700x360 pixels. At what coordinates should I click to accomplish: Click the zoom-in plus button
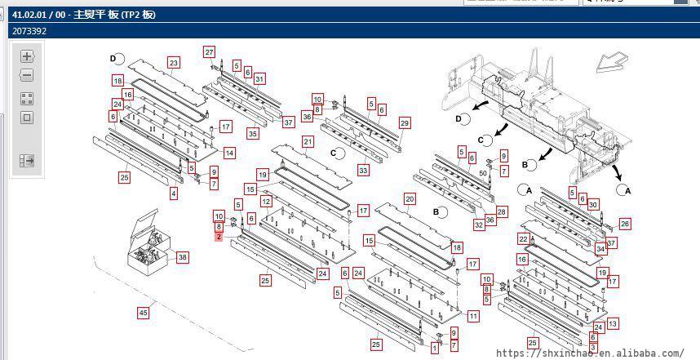click(x=27, y=56)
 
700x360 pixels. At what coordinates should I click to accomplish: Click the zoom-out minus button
click(x=27, y=76)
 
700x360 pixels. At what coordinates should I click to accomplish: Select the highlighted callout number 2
click(x=219, y=237)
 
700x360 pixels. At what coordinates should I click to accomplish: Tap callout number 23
click(x=173, y=63)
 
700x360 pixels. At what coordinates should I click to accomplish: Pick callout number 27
click(x=210, y=52)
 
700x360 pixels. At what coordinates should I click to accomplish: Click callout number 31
click(x=259, y=78)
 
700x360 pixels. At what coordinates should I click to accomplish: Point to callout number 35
click(x=253, y=133)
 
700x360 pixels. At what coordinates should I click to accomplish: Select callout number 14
click(x=229, y=153)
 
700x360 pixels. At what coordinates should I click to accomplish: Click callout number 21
click(x=308, y=142)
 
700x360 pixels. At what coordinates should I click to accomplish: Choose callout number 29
click(x=404, y=123)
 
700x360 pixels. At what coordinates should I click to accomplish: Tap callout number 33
click(x=363, y=171)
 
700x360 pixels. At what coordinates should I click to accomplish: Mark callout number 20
click(x=410, y=198)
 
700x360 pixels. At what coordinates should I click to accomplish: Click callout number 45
click(x=143, y=312)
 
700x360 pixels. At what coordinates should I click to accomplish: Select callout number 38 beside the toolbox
click(x=182, y=257)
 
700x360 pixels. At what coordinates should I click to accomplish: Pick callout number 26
click(x=625, y=223)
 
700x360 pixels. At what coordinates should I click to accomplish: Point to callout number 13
click(x=612, y=324)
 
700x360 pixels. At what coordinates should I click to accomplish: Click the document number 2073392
click(x=29, y=31)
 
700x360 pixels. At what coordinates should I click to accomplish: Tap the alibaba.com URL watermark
click(x=590, y=353)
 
